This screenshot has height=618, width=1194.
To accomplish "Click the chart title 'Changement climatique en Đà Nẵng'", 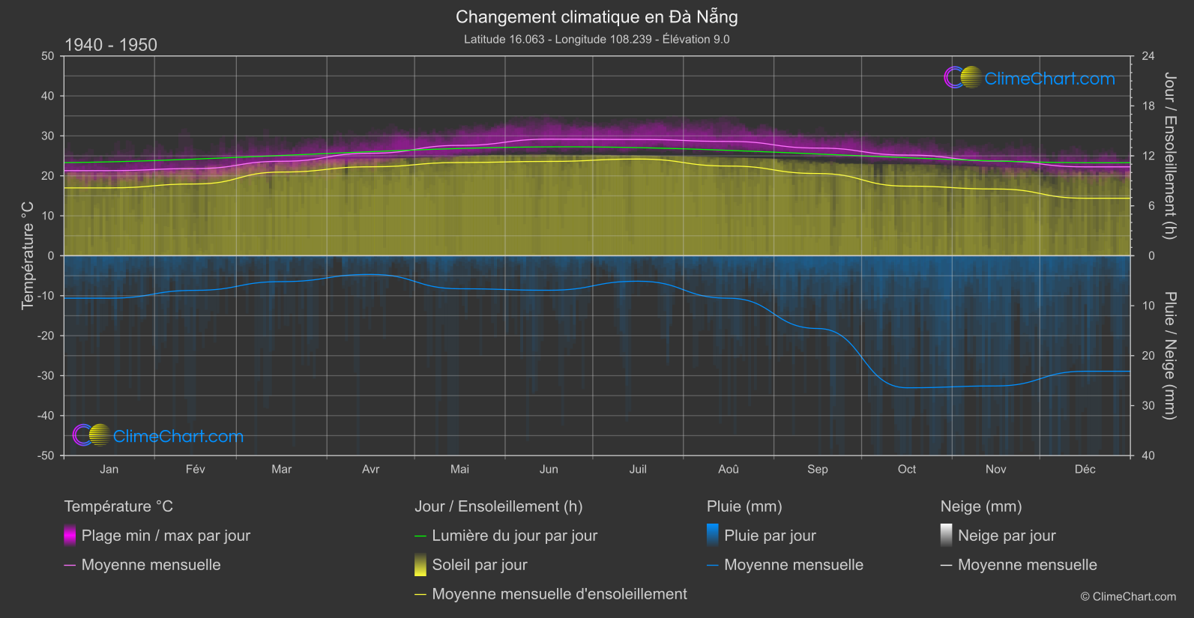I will [x=597, y=16].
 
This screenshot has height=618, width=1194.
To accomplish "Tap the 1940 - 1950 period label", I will [x=111, y=45].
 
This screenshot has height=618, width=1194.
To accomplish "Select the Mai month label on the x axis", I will [x=459, y=469].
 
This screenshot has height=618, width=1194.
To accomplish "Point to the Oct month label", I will [x=906, y=469].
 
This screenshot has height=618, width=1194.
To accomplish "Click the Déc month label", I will [x=1085, y=469].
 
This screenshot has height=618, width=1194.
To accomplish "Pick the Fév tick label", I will [x=195, y=469].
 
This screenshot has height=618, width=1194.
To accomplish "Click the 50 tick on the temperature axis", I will [x=48, y=56].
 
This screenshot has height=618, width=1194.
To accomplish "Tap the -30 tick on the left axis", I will [x=46, y=375].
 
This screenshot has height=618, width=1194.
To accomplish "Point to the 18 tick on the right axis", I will [x=1148, y=106].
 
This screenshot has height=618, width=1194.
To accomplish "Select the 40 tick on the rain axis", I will [x=1148, y=455].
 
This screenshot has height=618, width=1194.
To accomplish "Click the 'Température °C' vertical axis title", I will [x=28, y=255].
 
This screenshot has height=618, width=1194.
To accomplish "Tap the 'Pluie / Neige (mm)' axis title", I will [x=1169, y=356].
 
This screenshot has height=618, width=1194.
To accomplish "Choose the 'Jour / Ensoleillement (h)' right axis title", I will [x=1169, y=156].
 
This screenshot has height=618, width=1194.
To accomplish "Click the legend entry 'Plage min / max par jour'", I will [x=166, y=536].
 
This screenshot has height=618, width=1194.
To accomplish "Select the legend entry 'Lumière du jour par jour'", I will [x=514, y=536].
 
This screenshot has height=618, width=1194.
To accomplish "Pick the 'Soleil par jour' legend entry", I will [x=480, y=565].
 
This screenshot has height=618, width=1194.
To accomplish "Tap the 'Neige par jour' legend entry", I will [x=1007, y=536].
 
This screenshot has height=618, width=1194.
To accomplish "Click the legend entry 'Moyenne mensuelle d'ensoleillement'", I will [x=559, y=594].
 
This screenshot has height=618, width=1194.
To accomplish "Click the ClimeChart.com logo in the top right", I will [x=1029, y=78].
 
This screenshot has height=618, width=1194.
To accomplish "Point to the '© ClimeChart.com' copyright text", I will [x=1128, y=597].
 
